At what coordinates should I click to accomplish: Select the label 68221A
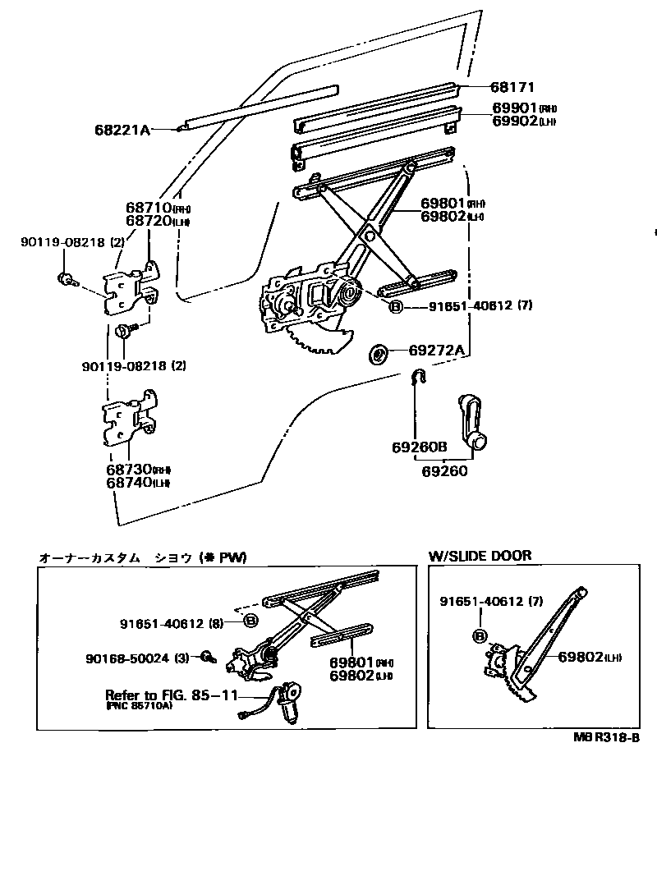(122, 130)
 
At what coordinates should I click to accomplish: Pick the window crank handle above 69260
(469, 419)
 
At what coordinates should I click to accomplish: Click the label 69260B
(419, 447)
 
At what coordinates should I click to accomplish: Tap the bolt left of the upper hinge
(66, 278)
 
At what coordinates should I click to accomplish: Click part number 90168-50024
(129, 657)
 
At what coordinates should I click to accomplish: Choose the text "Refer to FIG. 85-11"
(171, 695)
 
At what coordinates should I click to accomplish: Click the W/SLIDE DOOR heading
(480, 556)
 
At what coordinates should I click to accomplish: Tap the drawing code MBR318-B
(606, 736)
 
